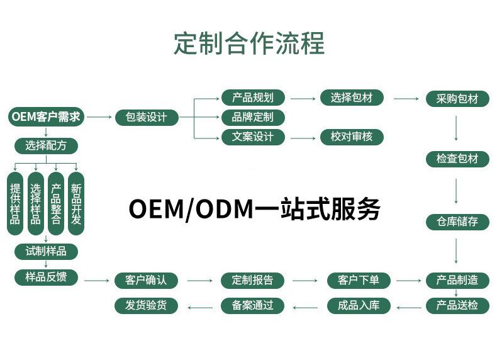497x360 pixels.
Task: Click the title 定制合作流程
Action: [x=248, y=44]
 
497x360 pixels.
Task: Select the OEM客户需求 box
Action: [x=47, y=117]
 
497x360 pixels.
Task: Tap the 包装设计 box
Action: [x=147, y=117]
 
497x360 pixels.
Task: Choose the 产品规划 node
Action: [x=253, y=98]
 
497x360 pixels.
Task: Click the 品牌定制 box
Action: [x=253, y=117]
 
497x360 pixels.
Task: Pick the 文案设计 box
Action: [x=253, y=137]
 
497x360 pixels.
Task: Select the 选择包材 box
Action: [x=352, y=98]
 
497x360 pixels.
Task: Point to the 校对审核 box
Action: [x=352, y=137]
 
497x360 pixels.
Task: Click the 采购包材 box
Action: [x=457, y=99]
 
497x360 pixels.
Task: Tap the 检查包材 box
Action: [x=457, y=159]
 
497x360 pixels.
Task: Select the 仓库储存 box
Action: [x=457, y=222]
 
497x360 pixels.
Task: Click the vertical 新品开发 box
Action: [x=76, y=204]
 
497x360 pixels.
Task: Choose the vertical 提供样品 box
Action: [x=15, y=204]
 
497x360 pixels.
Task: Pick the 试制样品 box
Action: [x=46, y=251]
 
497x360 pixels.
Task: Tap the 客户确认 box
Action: [x=147, y=280]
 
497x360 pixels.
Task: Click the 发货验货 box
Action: [x=147, y=306]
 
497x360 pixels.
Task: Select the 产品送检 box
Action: [x=457, y=306]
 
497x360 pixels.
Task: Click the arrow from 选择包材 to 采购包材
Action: [x=406, y=99]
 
